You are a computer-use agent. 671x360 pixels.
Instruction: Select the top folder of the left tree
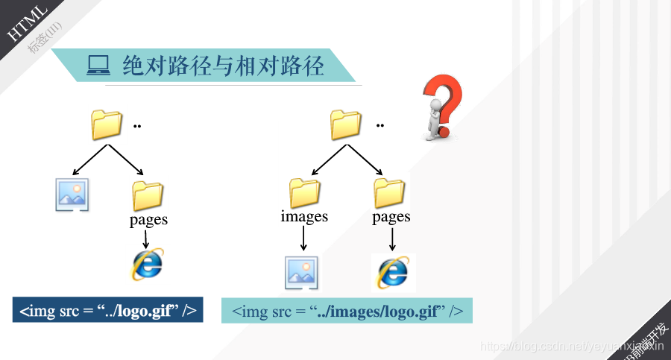(x=106, y=124)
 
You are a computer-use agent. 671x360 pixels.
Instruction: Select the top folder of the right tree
(x=345, y=124)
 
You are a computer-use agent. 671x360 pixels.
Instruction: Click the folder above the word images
(x=304, y=192)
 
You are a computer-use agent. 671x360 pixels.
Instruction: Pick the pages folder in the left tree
(x=148, y=195)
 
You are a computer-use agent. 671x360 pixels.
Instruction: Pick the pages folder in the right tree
(x=390, y=192)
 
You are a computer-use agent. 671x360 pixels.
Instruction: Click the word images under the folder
(x=304, y=216)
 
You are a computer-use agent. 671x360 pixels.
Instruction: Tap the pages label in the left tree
(x=148, y=219)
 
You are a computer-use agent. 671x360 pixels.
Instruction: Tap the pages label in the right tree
(x=391, y=216)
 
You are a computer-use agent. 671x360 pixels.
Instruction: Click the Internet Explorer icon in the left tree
(x=148, y=264)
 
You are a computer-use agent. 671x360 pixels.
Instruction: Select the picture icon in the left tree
(x=72, y=195)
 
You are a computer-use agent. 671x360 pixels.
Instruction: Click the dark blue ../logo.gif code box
(x=107, y=310)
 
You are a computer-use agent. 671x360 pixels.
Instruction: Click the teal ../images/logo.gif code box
(x=347, y=310)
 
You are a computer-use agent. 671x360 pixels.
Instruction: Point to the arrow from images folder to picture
(x=303, y=239)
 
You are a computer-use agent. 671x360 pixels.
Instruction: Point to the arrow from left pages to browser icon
(x=147, y=239)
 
